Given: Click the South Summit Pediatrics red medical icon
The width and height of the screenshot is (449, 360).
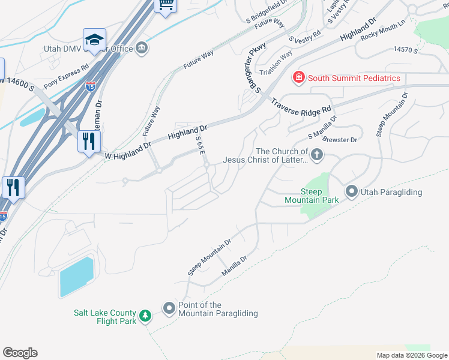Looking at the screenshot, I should (298, 77).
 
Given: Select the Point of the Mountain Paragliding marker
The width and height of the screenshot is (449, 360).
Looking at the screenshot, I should (169, 309).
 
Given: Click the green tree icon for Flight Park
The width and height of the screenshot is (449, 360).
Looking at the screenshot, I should (145, 316).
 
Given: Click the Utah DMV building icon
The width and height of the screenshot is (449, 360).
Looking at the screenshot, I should (142, 48).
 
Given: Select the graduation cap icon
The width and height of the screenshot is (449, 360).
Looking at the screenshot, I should (94, 40).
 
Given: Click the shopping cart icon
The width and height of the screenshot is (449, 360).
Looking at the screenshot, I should (165, 5).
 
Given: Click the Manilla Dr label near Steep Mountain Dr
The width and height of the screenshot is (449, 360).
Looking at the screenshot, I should (234, 264).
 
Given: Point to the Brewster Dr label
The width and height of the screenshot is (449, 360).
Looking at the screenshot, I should (340, 140).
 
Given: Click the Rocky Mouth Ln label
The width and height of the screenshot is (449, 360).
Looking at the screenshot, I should (383, 37).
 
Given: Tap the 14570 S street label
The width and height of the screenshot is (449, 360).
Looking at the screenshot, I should (405, 50).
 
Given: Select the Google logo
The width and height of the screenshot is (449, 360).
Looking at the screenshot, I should (20, 353).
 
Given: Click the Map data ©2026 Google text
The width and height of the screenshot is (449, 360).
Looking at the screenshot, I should (411, 355).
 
